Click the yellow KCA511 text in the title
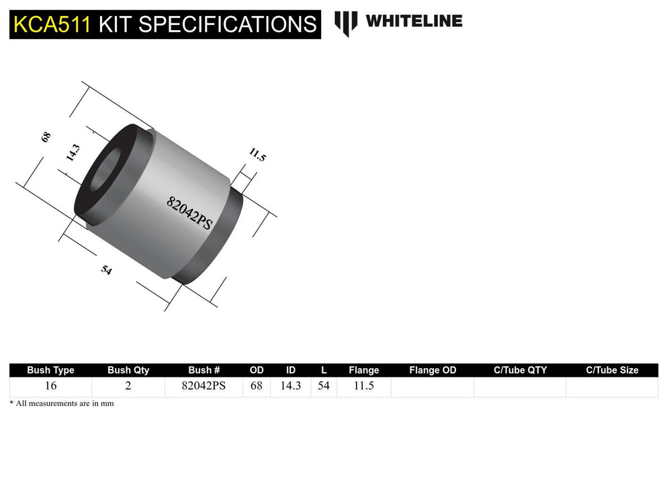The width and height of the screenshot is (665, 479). point(52,24)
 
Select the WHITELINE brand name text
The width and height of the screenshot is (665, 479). point(414,21)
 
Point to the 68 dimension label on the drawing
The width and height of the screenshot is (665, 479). point(46,136)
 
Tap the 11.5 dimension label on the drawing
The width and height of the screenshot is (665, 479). point(257,155)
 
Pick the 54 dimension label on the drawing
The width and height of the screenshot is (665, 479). point(106,270)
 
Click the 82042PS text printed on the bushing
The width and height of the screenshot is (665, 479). point(189,213)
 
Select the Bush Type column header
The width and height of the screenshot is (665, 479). point(50,370)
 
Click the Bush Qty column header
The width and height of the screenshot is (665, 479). point(128,370)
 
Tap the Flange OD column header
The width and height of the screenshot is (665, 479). point(433,370)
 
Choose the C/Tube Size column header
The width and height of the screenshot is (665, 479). point(612,370)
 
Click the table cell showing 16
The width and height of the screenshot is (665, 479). point(50,387)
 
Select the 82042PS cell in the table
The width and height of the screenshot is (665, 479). point(204,387)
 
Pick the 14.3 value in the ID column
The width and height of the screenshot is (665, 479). point(290,387)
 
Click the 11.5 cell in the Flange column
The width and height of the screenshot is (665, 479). point(363,387)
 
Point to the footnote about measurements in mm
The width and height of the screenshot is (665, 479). point(61,403)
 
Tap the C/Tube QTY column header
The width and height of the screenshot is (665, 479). point(520,370)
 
